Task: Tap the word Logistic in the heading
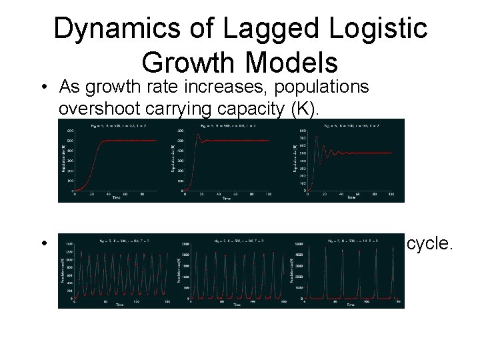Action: pyautogui.click(x=378, y=31)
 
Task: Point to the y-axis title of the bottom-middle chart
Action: pyautogui.click(x=178, y=270)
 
